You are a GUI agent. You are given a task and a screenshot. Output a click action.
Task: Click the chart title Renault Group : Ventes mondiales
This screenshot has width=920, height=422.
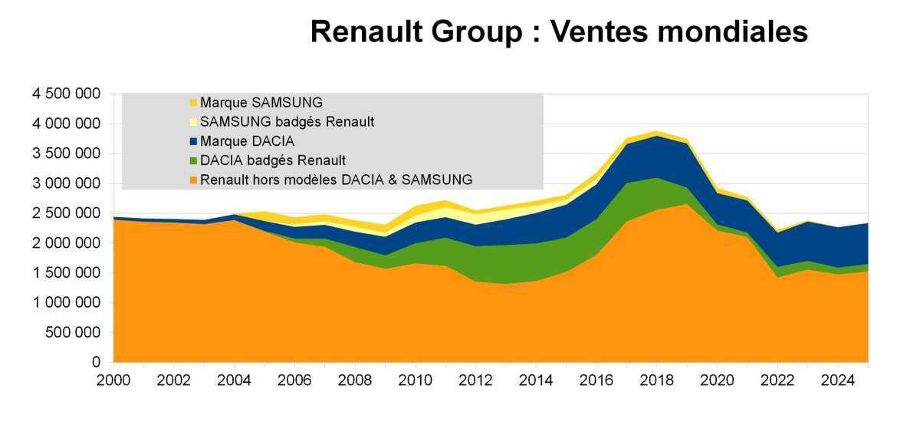(x=559, y=32)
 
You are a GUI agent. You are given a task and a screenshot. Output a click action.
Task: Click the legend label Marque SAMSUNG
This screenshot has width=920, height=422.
(x=261, y=102)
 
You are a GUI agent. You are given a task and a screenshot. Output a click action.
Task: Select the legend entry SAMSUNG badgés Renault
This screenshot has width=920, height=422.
(x=287, y=122)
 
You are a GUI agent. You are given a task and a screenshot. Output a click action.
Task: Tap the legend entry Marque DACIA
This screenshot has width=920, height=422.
(x=247, y=141)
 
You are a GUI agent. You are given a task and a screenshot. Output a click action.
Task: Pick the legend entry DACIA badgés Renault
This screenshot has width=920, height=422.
(x=273, y=160)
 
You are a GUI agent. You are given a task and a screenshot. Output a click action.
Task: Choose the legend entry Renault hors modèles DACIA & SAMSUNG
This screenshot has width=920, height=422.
(x=336, y=180)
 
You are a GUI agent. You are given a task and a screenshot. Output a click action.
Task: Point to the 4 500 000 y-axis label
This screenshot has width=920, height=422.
(x=65, y=94)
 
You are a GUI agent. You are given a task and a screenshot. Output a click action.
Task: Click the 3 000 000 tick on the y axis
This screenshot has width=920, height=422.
(x=65, y=183)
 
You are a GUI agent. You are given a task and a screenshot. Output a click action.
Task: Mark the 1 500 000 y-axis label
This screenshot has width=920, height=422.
(x=65, y=273)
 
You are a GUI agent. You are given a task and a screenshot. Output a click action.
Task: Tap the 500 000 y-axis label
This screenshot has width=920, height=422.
(x=74, y=333)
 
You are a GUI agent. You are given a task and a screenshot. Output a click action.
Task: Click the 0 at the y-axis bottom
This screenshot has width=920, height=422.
(x=97, y=362)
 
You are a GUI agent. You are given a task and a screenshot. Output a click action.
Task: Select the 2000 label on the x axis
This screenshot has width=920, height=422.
(x=113, y=380)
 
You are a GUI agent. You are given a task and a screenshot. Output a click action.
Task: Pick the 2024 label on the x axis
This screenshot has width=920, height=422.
(x=839, y=380)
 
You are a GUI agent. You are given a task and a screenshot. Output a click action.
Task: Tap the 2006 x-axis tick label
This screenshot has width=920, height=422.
(x=295, y=380)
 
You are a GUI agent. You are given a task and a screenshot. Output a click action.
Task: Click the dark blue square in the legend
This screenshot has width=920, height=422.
(x=193, y=141)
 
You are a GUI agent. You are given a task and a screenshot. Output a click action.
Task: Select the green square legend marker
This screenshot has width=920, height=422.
(x=193, y=160)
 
